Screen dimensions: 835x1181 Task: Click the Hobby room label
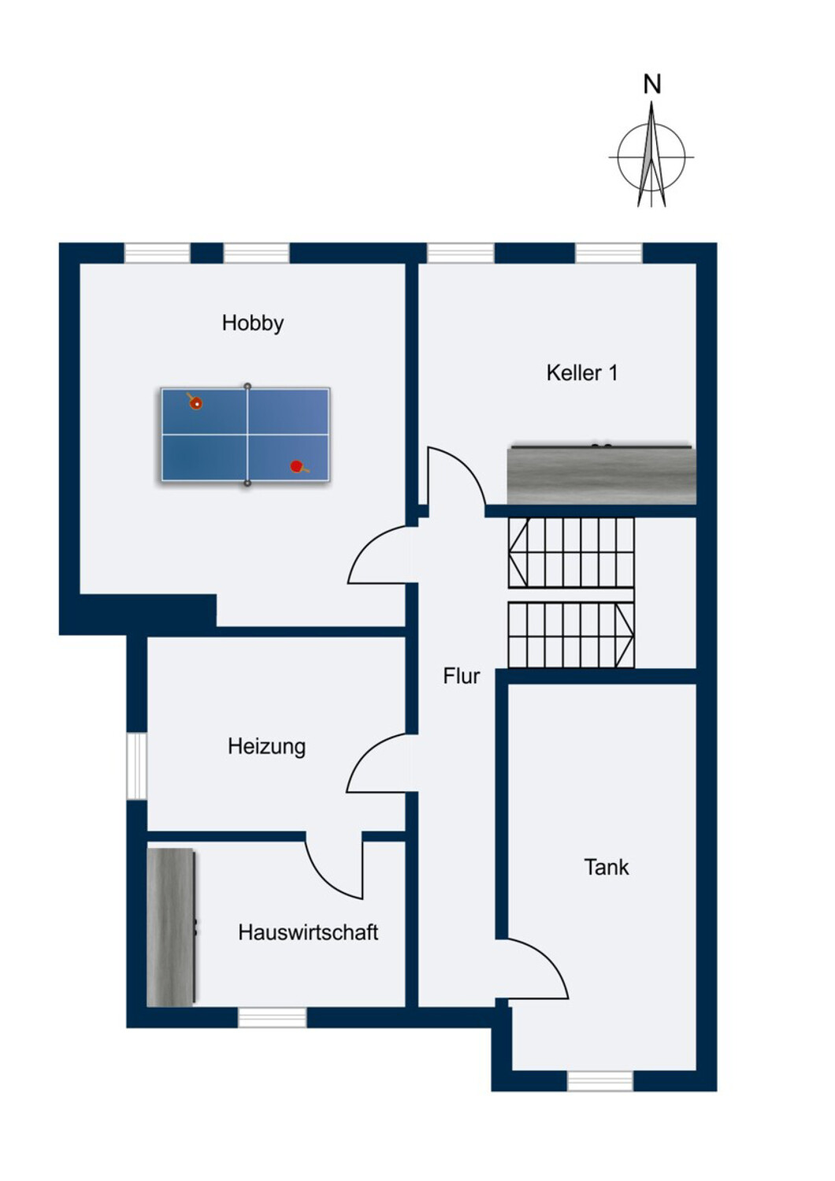(x=253, y=323)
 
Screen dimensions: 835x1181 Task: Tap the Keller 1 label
(x=582, y=372)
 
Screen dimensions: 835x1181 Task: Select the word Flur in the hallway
(x=462, y=676)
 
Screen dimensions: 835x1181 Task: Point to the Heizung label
(x=267, y=747)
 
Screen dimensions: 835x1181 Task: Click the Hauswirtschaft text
(x=308, y=932)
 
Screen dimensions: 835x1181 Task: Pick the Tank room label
(x=607, y=868)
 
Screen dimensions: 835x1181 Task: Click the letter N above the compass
(x=652, y=84)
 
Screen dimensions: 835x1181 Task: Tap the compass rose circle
(x=651, y=157)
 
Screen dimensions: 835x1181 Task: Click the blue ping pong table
(x=246, y=435)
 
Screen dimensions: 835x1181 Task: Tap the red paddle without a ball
(x=298, y=467)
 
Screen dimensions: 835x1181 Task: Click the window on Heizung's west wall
(x=136, y=766)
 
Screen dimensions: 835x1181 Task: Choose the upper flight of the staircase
(x=571, y=552)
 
